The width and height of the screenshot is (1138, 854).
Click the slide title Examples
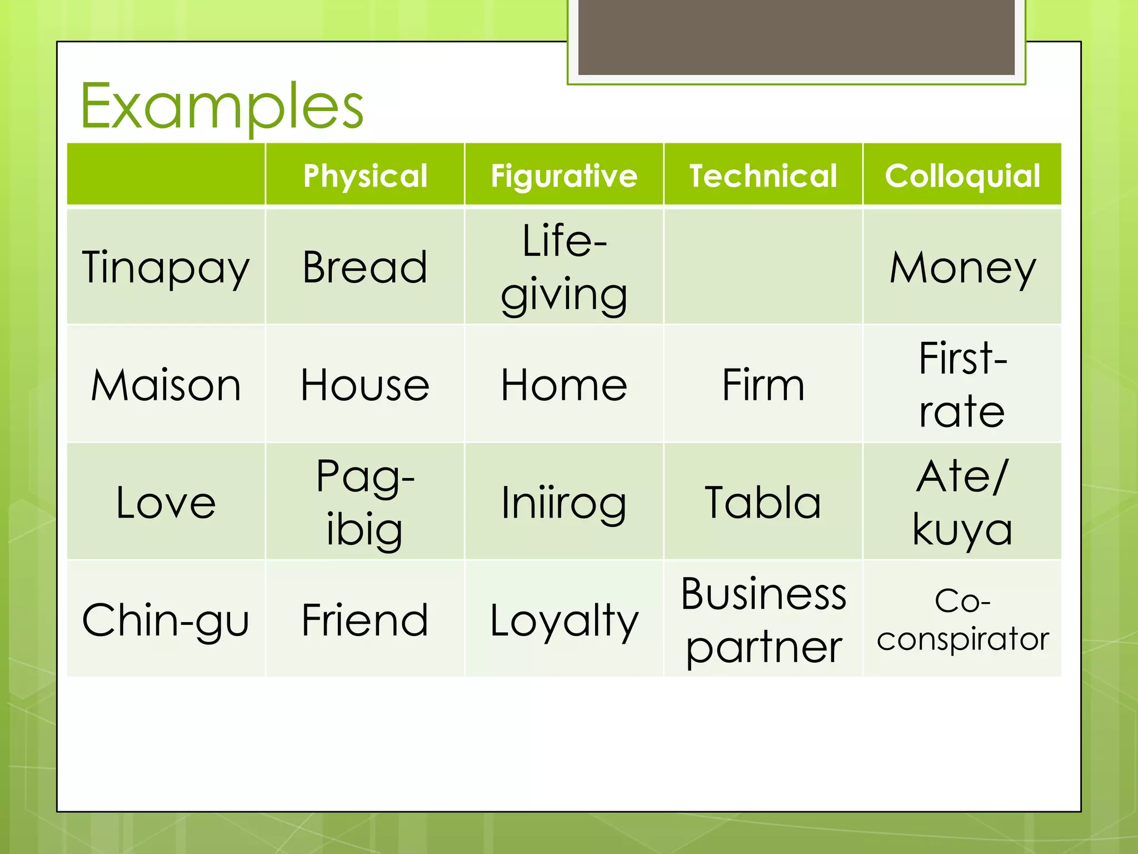[x=222, y=106]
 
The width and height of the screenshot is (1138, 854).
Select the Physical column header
[x=365, y=176]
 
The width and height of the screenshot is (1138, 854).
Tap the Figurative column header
[x=564, y=176]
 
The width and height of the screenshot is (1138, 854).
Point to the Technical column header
[x=763, y=176]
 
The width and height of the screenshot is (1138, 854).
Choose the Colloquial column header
[x=962, y=176]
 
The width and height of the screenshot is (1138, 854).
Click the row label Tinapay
[x=166, y=267]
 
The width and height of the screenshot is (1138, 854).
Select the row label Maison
[x=166, y=385]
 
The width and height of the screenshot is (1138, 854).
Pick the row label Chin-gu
[x=166, y=619]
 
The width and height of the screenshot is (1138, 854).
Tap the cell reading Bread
[x=365, y=267]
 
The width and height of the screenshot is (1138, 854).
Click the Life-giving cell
[x=564, y=267]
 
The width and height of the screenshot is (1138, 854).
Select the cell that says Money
[x=962, y=267]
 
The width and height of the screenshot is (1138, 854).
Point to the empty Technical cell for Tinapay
[x=763, y=267]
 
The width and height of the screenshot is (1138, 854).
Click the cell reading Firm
[x=763, y=385]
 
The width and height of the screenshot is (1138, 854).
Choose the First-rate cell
[x=962, y=385]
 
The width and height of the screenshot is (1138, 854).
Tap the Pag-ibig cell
[x=365, y=502]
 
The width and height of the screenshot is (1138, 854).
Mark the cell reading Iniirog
[x=564, y=502]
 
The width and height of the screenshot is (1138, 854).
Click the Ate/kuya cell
[x=962, y=502]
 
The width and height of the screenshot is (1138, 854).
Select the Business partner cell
[x=763, y=619]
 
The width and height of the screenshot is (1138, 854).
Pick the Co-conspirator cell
[x=962, y=619]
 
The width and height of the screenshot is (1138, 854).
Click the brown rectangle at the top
[x=796, y=37]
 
